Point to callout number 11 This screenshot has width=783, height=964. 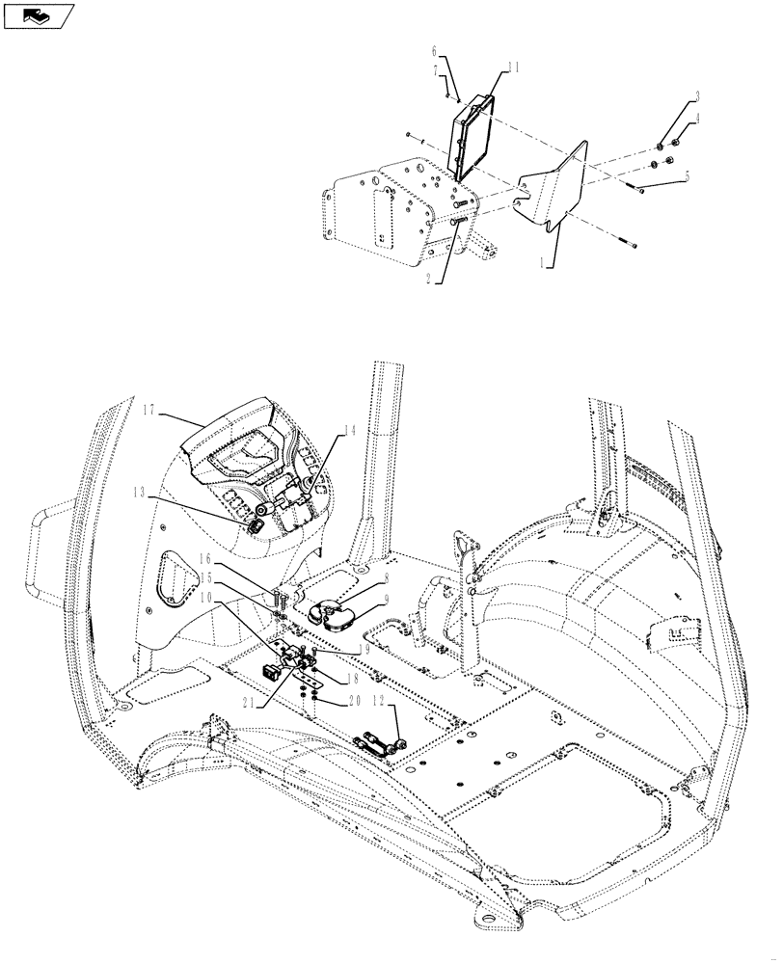pos(513,67)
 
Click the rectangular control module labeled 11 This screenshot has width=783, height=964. pos(472,135)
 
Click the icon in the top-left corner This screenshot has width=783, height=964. pos(38,15)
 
